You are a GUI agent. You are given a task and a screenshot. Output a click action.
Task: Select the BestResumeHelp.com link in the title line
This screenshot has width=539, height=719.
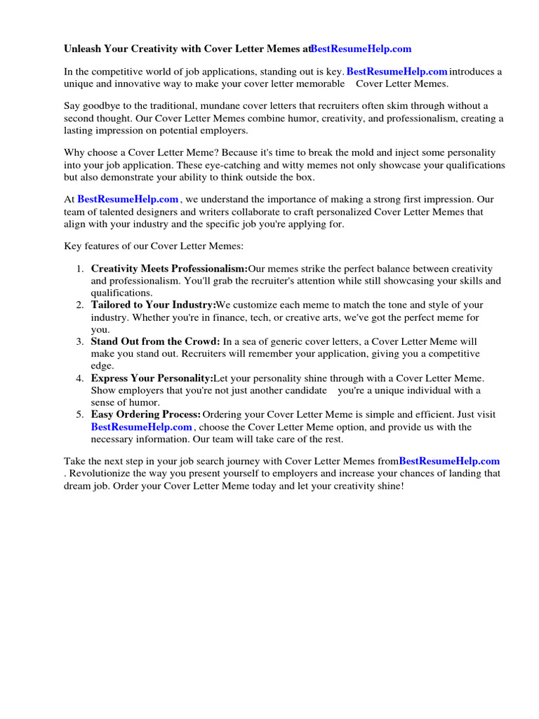[361, 48]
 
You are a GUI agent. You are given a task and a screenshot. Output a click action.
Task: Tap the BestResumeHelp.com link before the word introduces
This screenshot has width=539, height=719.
[397, 72]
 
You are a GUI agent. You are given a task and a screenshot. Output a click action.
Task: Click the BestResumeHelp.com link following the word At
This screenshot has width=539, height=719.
[128, 199]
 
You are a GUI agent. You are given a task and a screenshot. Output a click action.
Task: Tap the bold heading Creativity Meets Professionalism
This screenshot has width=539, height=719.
[169, 269]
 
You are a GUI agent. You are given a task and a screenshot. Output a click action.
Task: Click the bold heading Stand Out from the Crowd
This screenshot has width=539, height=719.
[155, 342]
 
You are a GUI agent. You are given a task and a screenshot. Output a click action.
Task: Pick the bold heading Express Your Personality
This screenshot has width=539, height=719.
[152, 378]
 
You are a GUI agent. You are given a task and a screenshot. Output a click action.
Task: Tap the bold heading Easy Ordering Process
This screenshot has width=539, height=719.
[145, 415]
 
